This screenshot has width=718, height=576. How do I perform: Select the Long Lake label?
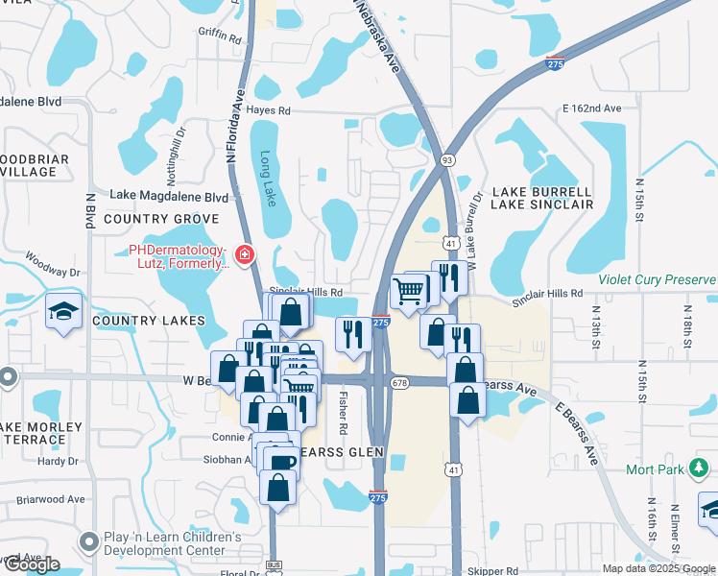tap(268, 179)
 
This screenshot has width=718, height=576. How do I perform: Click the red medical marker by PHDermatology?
tap(245, 254)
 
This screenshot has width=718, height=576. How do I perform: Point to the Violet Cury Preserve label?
tap(657, 280)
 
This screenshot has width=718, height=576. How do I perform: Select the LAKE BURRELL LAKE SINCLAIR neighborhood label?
tap(542, 198)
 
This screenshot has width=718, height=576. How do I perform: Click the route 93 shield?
tap(448, 160)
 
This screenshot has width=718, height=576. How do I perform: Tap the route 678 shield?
tap(400, 382)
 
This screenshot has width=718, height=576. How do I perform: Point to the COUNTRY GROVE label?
tap(162, 219)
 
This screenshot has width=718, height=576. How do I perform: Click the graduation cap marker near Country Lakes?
tap(63, 311)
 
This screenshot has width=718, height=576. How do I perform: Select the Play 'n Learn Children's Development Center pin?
tap(90, 543)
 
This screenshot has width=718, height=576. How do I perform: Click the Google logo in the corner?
tap(31, 564)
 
